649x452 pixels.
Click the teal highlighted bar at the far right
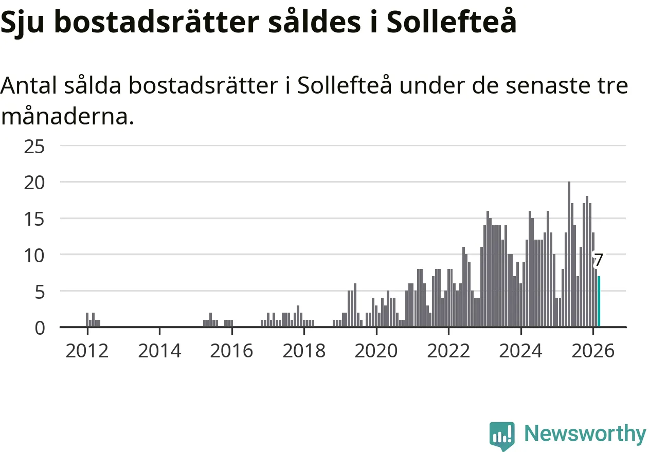tap(599, 301)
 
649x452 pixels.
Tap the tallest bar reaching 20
tap(569, 254)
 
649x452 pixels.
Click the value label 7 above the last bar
tap(598, 260)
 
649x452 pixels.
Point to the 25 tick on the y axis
tap(34, 147)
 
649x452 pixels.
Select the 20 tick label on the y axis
tap(34, 183)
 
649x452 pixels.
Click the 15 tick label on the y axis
tap(34, 219)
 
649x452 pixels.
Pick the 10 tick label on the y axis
tap(34, 255)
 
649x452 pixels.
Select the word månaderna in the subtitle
tap(67, 117)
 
